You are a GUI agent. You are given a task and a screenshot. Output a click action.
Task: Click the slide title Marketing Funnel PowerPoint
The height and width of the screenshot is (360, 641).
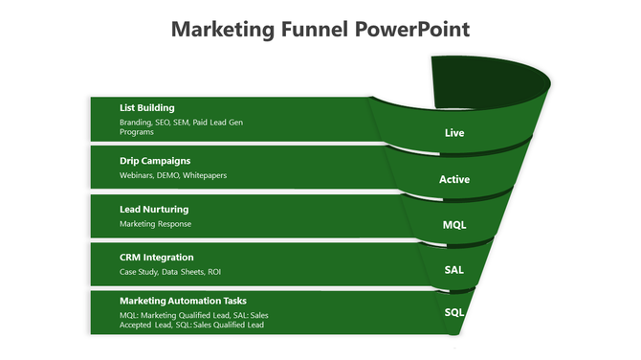(x=320, y=30)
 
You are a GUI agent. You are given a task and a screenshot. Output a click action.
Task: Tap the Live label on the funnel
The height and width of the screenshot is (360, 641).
(x=454, y=133)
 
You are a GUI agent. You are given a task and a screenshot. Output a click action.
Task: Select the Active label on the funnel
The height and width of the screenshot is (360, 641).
(x=454, y=179)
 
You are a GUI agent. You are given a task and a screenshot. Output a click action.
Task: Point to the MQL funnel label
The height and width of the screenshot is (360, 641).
(x=454, y=225)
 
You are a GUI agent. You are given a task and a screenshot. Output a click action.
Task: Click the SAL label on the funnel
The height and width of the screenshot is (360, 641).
(x=454, y=269)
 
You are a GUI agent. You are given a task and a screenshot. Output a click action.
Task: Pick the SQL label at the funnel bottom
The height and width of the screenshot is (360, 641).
(x=454, y=313)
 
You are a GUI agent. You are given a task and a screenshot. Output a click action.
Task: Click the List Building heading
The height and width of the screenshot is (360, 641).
(x=147, y=108)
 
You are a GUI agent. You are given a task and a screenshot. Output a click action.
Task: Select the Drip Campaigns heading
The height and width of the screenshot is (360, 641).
(x=155, y=161)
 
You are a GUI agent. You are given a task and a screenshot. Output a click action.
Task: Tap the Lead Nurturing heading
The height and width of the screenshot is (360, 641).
(x=154, y=209)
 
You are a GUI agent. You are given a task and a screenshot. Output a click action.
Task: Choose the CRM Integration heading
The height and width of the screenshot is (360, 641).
(x=157, y=257)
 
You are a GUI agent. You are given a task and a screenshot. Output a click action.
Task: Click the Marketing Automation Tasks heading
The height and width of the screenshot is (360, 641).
(x=183, y=301)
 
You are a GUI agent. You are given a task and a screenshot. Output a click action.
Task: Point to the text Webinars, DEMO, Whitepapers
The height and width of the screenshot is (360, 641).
(x=173, y=175)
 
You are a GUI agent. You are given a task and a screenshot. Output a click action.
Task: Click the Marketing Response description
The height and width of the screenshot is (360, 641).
(x=155, y=224)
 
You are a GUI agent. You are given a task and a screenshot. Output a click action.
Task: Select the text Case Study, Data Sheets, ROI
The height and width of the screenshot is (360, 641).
(x=170, y=272)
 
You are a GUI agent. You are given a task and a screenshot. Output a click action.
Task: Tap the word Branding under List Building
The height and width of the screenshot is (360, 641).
(x=135, y=124)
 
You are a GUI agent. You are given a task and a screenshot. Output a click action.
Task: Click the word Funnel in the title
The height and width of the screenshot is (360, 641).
(x=316, y=30)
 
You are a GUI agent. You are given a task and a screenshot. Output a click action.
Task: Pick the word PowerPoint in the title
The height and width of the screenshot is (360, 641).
(x=412, y=30)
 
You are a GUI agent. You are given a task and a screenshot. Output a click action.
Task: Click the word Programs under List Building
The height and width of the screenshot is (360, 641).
(x=137, y=132)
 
